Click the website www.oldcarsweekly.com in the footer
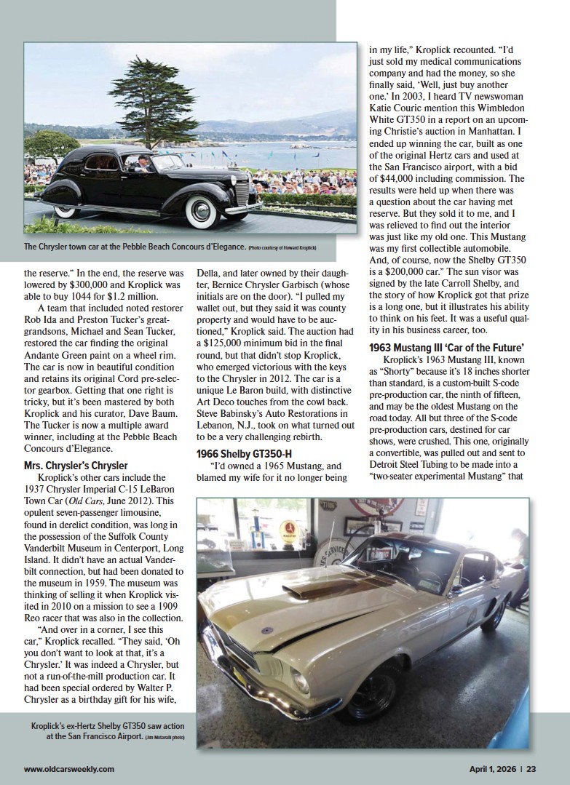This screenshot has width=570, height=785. coord(68,768)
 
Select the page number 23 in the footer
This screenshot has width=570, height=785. coord(531,768)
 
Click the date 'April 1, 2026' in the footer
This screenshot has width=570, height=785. coord(491,768)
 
